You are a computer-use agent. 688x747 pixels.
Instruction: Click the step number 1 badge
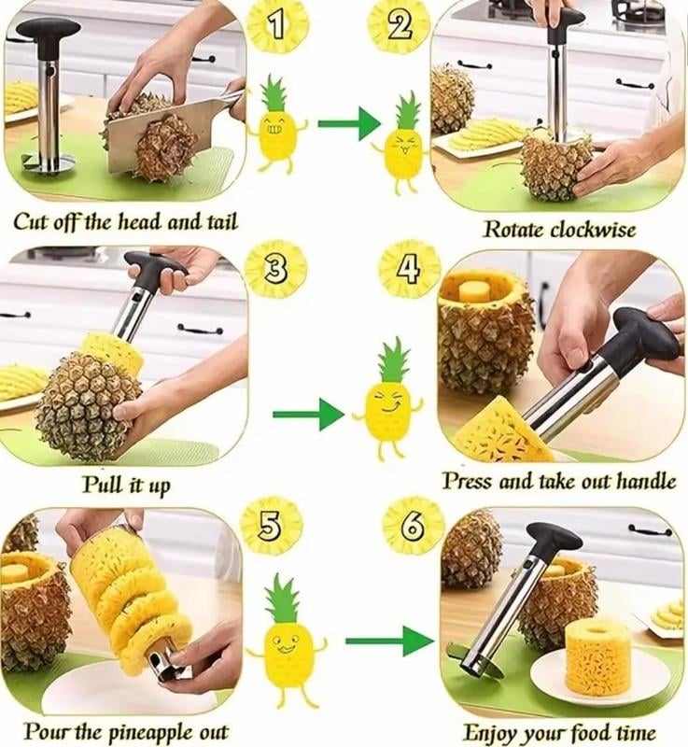click(x=277, y=26)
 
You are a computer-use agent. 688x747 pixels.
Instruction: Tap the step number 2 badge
click(x=398, y=26)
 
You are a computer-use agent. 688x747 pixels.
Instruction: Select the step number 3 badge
click(x=275, y=269)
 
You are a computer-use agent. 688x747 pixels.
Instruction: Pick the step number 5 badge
click(x=271, y=528)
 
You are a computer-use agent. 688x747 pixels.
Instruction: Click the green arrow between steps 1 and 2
click(x=348, y=122)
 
